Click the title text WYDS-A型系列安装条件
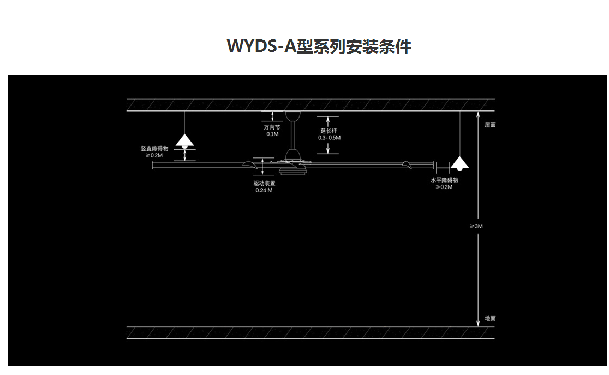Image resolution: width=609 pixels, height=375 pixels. (x=319, y=46)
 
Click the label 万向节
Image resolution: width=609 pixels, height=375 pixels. (x=272, y=127)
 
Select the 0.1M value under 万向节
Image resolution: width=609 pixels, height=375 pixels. (x=272, y=134)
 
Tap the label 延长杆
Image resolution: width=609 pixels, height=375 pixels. (x=329, y=131)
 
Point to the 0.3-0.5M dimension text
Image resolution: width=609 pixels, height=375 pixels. (x=329, y=138)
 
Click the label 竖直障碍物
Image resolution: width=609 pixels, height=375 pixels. (x=154, y=148)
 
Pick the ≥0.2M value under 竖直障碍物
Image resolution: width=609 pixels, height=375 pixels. (x=154, y=155)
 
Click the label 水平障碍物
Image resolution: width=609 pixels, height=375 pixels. (x=444, y=180)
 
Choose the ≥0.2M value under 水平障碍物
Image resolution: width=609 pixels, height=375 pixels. (x=444, y=187)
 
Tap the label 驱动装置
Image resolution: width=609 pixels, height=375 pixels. (x=264, y=184)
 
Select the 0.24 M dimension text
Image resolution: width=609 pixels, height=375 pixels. (x=264, y=191)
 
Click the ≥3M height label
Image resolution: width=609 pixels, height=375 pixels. (x=476, y=226)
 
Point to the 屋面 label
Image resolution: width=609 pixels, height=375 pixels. (x=490, y=125)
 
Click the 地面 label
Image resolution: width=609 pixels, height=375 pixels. (x=490, y=318)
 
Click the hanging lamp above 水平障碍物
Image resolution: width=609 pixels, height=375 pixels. (x=460, y=163)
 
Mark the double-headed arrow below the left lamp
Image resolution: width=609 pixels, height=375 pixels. (x=185, y=155)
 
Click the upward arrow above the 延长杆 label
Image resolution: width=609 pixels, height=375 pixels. (x=328, y=120)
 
